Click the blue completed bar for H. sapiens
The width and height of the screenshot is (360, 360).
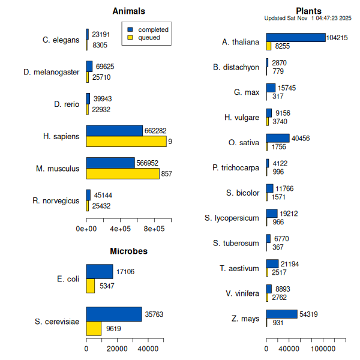114,131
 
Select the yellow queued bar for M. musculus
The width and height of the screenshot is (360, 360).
122,173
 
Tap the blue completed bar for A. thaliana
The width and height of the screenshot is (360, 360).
295,37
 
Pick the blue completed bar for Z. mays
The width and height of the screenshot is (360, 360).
281,314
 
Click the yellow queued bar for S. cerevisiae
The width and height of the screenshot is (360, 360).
94,329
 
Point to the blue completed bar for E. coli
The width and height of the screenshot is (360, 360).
99,271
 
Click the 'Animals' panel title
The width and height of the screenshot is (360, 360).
128,11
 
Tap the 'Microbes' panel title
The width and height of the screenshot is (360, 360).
128,251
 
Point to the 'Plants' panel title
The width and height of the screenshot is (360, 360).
308,11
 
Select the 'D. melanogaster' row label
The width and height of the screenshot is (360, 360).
52,72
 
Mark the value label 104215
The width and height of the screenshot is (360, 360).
337,38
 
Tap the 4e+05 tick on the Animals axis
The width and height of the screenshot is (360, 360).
121,229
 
